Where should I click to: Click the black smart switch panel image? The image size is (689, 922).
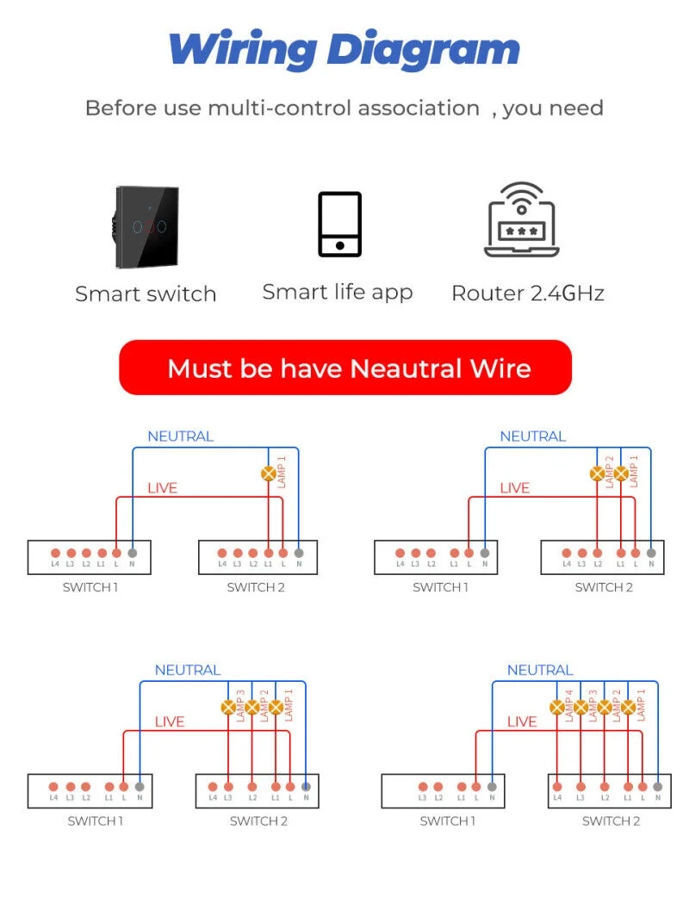click(x=147, y=226)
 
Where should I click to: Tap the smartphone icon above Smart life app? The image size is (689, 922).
click(x=339, y=224)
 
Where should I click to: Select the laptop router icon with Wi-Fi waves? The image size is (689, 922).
click(x=522, y=220)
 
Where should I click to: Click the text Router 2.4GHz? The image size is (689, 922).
click(x=527, y=293)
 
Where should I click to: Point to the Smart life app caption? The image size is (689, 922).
click(x=338, y=292)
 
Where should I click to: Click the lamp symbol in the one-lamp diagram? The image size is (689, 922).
click(x=268, y=473)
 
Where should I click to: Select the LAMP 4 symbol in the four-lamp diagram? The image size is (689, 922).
click(x=557, y=708)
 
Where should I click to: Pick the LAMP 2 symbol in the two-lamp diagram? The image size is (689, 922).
click(x=597, y=473)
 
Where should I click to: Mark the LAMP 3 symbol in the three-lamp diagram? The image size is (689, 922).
click(x=228, y=708)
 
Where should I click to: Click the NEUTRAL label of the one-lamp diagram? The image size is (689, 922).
click(x=180, y=436)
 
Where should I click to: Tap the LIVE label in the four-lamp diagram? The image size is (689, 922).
click(x=522, y=721)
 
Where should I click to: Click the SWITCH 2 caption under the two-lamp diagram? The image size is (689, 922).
click(x=604, y=587)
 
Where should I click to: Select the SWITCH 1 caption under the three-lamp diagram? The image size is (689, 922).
click(x=96, y=820)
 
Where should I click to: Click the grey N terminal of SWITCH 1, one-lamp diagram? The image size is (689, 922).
click(x=132, y=553)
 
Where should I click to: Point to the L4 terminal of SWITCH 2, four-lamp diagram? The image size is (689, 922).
click(x=557, y=786)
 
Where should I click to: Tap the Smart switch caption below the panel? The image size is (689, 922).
click(x=146, y=294)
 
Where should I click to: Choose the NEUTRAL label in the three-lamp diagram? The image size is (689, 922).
click(x=188, y=670)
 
